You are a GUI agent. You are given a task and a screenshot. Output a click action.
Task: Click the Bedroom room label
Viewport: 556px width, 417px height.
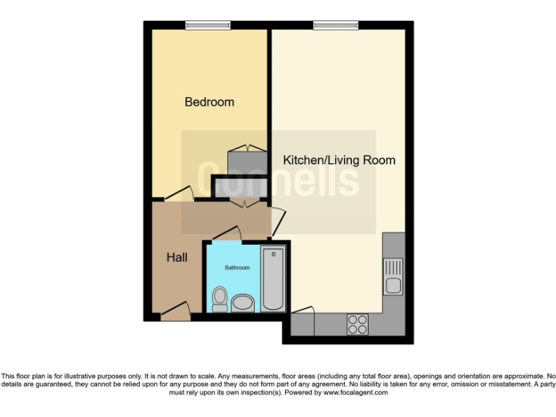pos(209,102)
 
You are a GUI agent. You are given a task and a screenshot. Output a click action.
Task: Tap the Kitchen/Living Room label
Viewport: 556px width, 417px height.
pos(339,160)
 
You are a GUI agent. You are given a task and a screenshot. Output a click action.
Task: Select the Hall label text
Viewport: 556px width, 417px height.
pos(177,257)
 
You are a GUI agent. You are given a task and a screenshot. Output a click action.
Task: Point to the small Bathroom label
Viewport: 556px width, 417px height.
pos(237,268)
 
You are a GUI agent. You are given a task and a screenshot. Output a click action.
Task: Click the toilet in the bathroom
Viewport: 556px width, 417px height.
pos(220,298)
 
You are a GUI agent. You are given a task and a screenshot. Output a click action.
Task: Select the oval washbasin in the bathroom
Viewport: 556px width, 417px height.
pos(242,302)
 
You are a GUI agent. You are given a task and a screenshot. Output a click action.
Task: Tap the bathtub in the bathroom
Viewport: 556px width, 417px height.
pos(273,278)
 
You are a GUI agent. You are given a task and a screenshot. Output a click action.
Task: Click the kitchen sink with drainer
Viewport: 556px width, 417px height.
pos(393,276)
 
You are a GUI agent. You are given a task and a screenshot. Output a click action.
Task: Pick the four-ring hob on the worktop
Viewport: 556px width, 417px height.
pos(357,324)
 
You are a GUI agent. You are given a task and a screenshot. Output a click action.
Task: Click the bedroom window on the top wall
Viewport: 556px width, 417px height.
pos(208,25)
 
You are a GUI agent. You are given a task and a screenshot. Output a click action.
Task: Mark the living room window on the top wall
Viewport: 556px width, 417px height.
pos(336,25)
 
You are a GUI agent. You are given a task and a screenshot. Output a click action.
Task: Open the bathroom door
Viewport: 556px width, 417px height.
pos(226,233)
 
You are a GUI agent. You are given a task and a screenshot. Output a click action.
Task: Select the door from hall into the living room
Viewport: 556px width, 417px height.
pos(277,220)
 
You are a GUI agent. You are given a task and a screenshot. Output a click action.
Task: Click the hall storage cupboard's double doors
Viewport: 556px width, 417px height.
pos(243,205)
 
